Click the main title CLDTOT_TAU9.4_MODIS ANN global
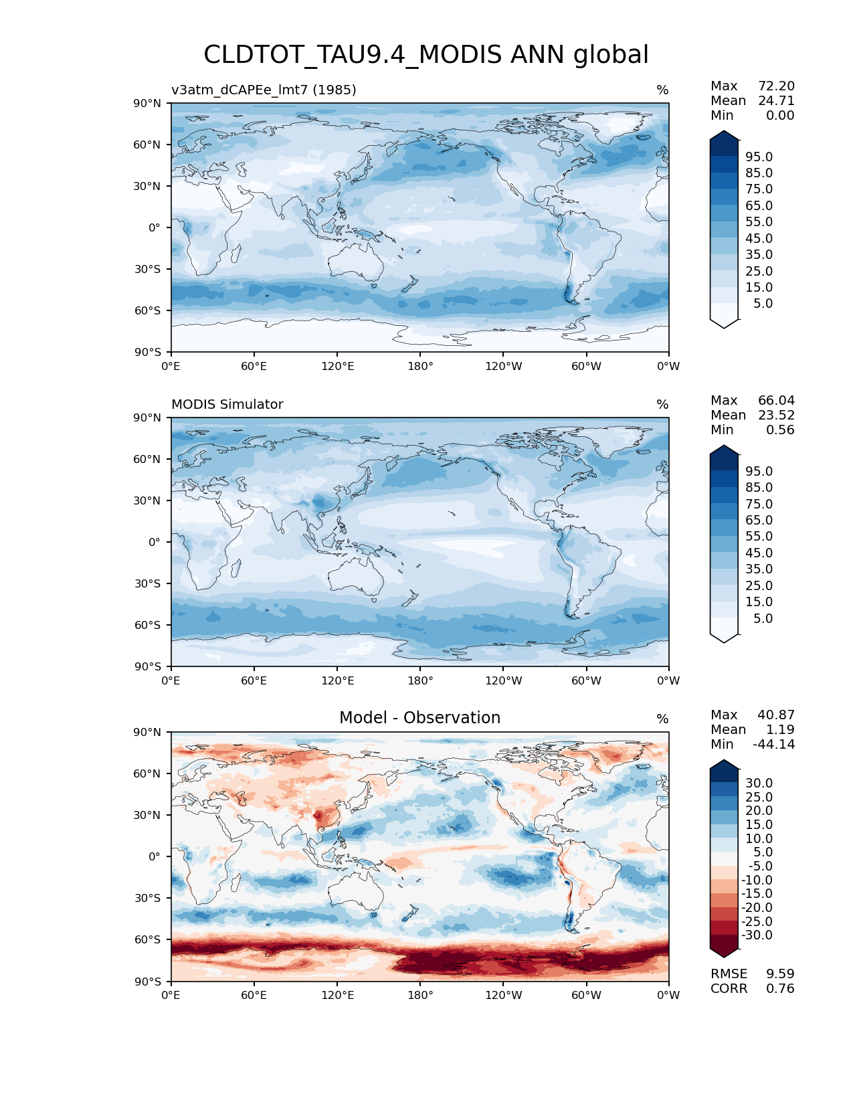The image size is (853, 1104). (x=426, y=55)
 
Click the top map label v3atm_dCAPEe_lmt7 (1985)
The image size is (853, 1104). (x=264, y=90)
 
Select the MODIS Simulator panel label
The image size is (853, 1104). (x=227, y=404)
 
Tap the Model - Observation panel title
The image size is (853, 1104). (x=419, y=718)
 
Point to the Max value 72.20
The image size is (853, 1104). (x=776, y=86)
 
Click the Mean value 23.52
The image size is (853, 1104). (x=776, y=415)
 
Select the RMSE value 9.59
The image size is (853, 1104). (x=780, y=974)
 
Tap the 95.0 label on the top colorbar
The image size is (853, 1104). (x=759, y=157)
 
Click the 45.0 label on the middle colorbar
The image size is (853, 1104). (x=759, y=553)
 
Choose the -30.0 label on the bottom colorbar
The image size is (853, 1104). (x=757, y=935)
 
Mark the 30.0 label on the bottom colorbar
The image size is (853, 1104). (x=759, y=783)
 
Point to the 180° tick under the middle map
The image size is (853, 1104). (x=420, y=680)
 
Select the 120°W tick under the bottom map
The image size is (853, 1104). (x=503, y=995)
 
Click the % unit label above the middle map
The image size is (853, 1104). (x=662, y=404)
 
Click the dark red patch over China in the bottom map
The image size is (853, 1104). (x=326, y=816)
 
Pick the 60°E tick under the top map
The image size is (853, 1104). (x=254, y=366)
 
